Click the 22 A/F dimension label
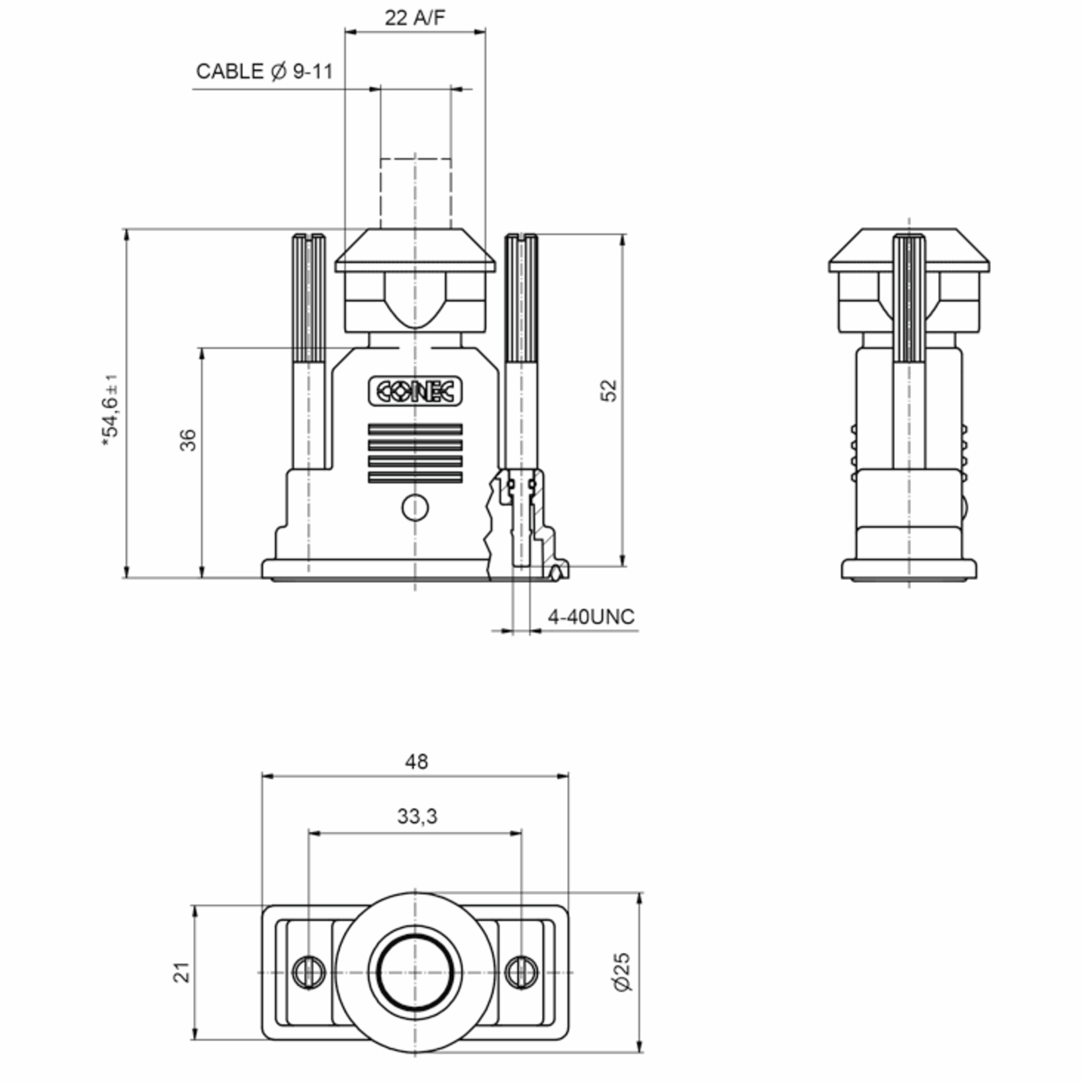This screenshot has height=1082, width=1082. [414, 18]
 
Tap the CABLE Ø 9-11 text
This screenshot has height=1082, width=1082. [264, 72]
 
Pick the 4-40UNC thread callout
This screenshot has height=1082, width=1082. [591, 617]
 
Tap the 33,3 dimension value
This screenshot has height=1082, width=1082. [417, 816]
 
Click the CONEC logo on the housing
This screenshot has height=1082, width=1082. [415, 391]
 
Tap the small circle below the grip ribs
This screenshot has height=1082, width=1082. [415, 508]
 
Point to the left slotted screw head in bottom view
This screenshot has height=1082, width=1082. [308, 973]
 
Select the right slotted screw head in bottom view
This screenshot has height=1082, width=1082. [522, 973]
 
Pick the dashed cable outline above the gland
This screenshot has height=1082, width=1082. [415, 193]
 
